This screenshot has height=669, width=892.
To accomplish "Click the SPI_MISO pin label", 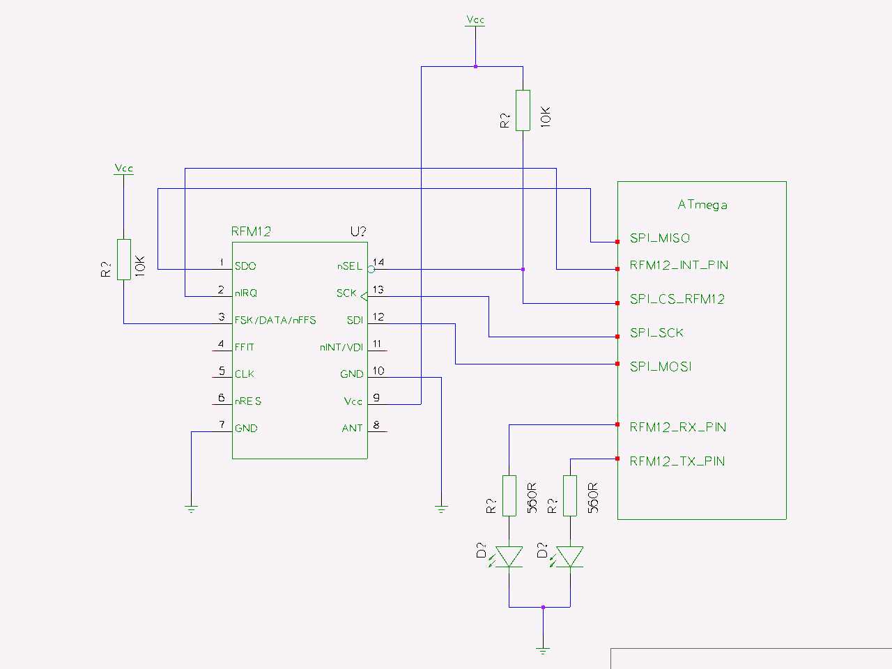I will (659, 238).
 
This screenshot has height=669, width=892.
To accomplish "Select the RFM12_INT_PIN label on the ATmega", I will (678, 266).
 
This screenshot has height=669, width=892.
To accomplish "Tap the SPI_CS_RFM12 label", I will (677, 299).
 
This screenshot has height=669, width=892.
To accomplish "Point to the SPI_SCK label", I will (656, 333).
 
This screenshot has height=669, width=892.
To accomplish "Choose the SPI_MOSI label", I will (660, 367).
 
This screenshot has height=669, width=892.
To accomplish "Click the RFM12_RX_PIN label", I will (677, 427).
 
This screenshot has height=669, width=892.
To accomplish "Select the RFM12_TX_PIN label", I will (677, 461).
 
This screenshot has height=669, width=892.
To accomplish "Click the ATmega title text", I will (702, 205).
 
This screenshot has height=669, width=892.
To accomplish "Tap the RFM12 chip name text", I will (251, 231).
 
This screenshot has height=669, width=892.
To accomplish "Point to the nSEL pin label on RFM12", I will (349, 266).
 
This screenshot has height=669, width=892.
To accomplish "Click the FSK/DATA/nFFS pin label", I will (275, 321).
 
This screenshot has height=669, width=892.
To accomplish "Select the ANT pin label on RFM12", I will (352, 428).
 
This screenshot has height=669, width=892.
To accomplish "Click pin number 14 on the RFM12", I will (378, 263).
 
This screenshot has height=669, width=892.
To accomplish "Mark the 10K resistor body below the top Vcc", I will (523, 110).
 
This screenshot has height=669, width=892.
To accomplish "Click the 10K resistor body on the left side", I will (123, 259).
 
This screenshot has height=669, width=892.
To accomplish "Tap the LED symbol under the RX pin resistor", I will (509, 556).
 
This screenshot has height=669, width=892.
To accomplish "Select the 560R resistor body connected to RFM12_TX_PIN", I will (570, 495).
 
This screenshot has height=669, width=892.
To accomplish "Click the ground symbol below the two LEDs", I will (543, 649).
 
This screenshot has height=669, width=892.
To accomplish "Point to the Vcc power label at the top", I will (475, 21).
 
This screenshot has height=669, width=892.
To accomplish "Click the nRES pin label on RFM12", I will (247, 401).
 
